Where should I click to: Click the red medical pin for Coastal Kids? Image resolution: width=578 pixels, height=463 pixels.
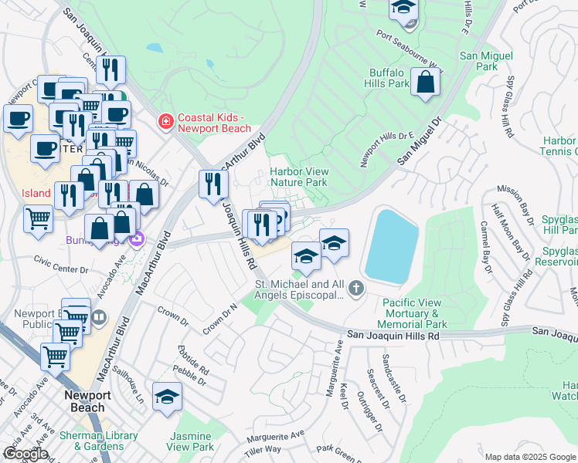tap(165, 121)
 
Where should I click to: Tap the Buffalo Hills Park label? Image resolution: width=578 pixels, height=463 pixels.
tap(388, 78)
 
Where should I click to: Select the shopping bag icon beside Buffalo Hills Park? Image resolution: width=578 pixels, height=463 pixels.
tap(425, 82)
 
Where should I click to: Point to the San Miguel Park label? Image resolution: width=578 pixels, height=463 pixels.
tap(478, 62)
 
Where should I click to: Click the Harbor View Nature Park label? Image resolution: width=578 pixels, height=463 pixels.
tap(299, 177)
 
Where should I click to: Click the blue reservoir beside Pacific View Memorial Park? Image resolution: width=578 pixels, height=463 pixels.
tap(390, 245)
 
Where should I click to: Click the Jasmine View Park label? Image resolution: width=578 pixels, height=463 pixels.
tap(190, 441)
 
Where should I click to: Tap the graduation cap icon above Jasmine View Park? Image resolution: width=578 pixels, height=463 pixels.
tap(168, 397)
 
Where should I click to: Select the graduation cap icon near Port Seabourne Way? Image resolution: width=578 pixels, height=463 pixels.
tap(403, 9)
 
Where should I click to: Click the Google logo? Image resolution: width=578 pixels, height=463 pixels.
tap(25, 453)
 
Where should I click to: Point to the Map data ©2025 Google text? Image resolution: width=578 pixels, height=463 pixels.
tap(529, 457)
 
